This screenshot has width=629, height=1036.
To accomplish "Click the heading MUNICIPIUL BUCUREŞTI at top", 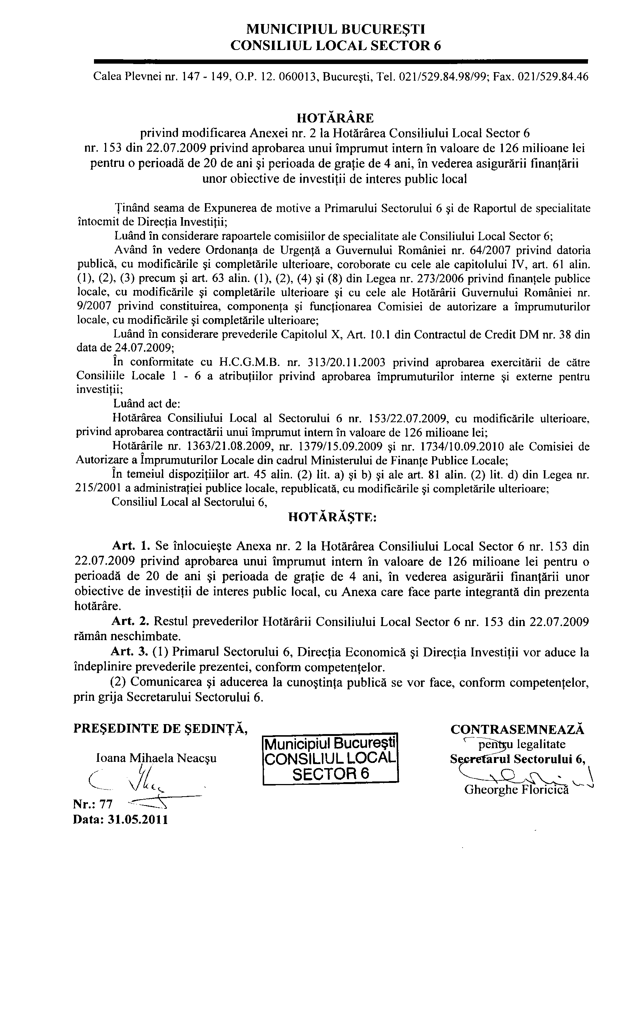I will coord(335,29).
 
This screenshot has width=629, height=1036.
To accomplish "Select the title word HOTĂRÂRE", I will coord(335,117).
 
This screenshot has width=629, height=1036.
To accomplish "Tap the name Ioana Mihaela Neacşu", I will coord(157,758).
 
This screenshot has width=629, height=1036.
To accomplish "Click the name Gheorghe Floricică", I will coord(516,790).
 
